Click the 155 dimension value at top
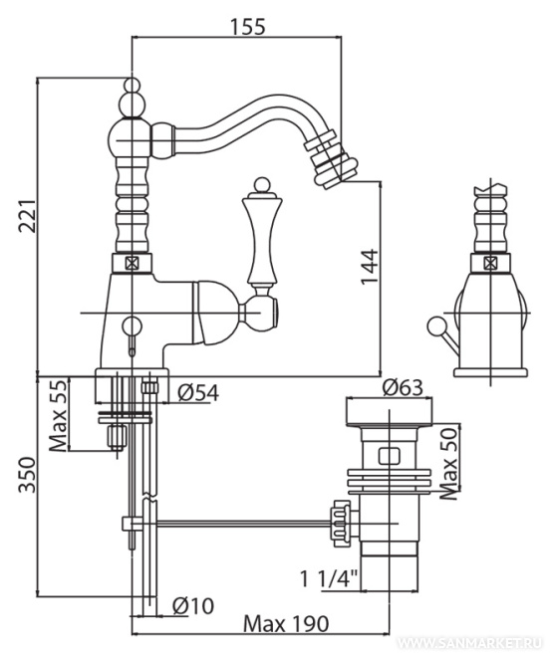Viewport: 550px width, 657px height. point(247,27)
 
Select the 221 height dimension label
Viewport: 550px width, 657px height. point(28,216)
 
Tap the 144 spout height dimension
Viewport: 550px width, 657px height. point(370,267)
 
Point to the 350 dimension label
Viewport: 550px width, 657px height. point(28,475)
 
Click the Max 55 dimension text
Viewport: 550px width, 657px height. point(59,415)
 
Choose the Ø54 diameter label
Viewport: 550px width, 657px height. point(198,393)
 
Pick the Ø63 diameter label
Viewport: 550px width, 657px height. point(403,387)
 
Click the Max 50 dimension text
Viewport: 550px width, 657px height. point(449,464)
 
